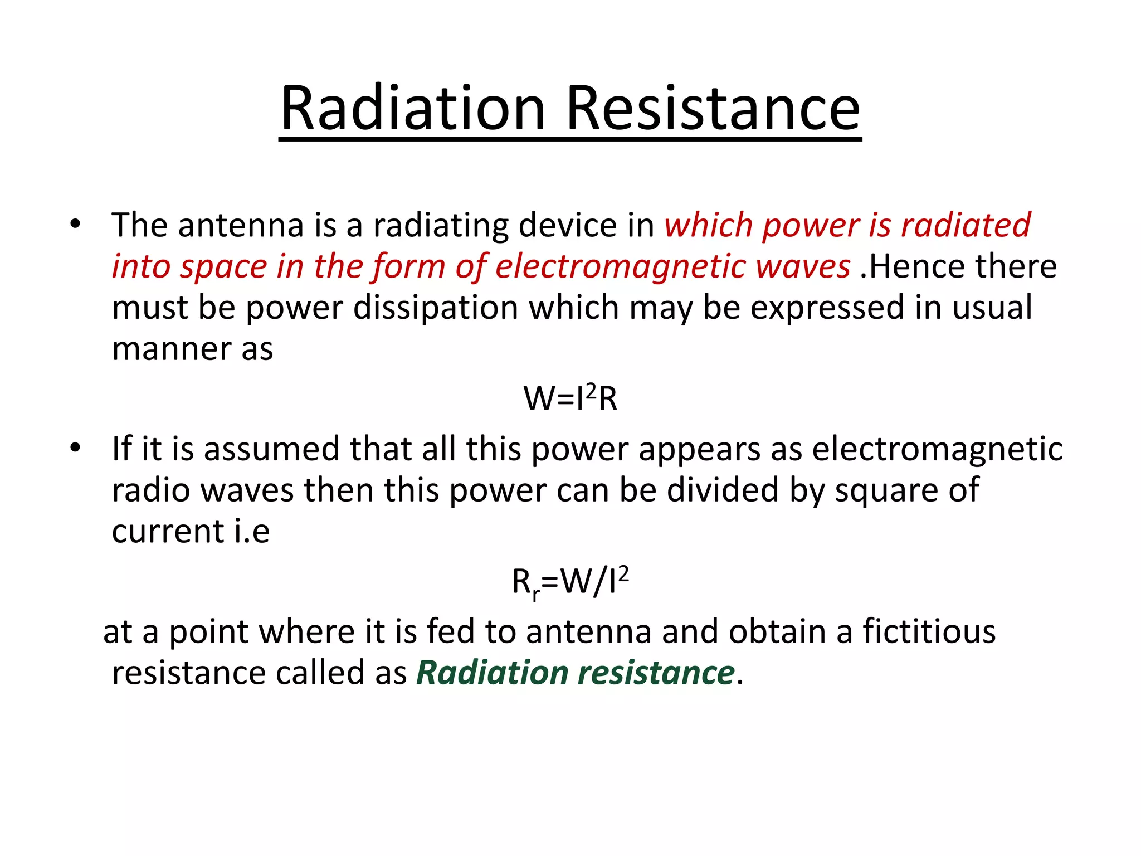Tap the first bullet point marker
coord(75,225)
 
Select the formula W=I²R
coord(570,398)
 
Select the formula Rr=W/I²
coord(570,582)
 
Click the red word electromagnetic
coord(621,266)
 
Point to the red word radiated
coord(966,225)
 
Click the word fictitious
coord(929,631)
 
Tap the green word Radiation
coord(492,673)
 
